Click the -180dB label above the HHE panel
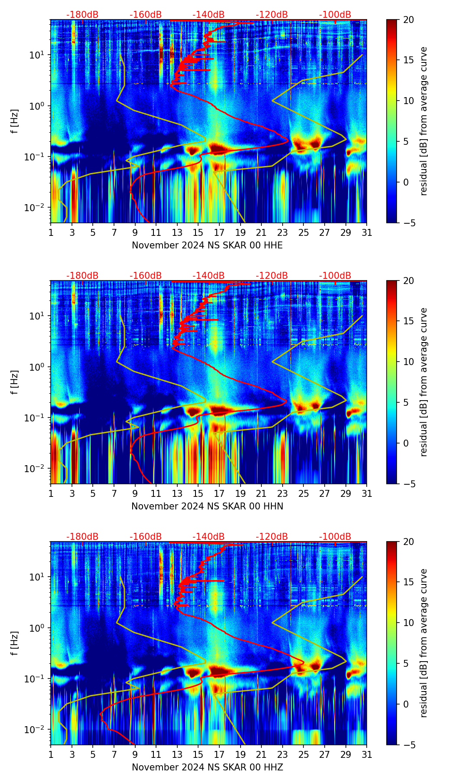click(x=82, y=15)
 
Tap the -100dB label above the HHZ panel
click(x=335, y=537)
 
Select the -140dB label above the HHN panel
click(x=208, y=276)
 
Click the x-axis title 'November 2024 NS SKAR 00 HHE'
click(x=207, y=245)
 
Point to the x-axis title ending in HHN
click(x=207, y=506)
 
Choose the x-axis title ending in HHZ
click(x=207, y=767)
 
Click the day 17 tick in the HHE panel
click(x=219, y=233)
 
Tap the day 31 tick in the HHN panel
click(x=367, y=494)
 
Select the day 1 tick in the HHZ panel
click(x=51, y=755)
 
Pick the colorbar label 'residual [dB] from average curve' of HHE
click(x=424, y=121)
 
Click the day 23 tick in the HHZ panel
click(x=283, y=755)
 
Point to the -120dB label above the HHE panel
click(x=272, y=15)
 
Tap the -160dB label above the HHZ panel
click(x=146, y=537)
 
